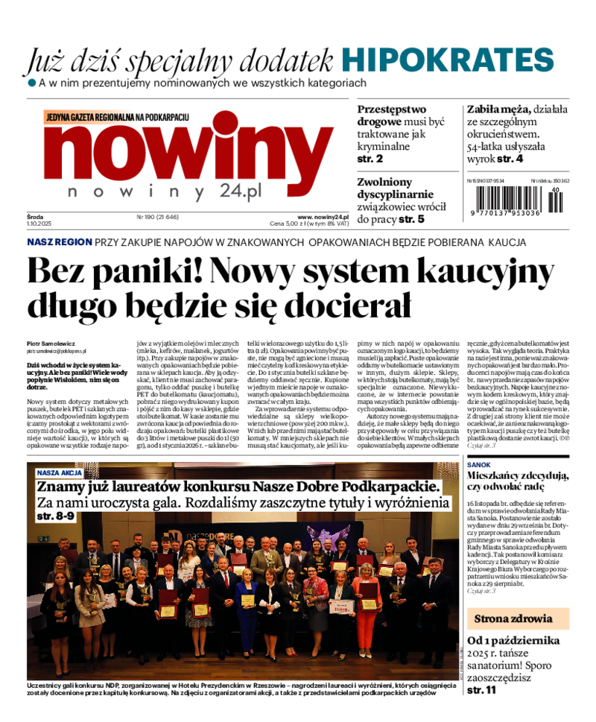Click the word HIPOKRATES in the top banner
click(448, 60)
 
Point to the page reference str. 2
click(370, 159)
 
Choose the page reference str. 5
click(411, 219)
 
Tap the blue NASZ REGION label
click(60, 242)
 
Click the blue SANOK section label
click(478, 464)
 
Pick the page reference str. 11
click(481, 691)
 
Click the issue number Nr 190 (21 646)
click(158, 217)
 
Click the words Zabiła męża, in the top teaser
click(498, 109)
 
